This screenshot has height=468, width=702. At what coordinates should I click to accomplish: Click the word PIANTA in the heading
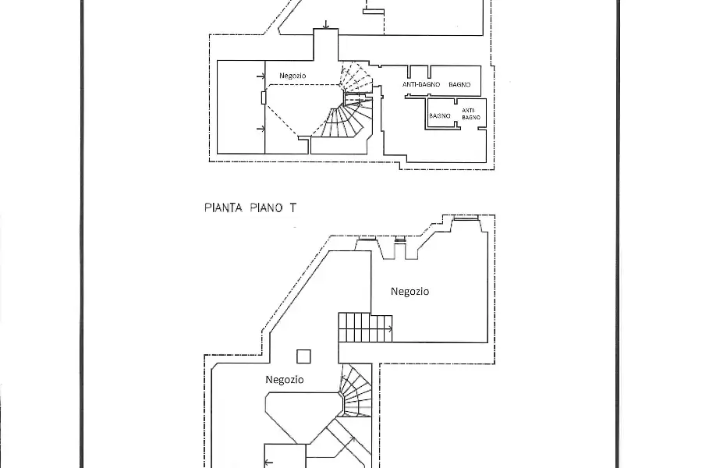tap(223, 207)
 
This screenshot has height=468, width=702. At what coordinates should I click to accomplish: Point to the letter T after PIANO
tap(292, 207)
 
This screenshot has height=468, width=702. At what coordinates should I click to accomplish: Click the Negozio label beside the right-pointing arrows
tap(292, 76)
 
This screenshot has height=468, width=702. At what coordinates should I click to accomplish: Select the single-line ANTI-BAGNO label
tap(421, 84)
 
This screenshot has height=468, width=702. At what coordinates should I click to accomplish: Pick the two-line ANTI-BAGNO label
tap(471, 114)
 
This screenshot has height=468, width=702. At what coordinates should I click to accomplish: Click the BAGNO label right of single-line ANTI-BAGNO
tap(459, 84)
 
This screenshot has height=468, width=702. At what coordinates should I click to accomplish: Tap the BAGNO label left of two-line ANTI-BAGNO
tap(440, 115)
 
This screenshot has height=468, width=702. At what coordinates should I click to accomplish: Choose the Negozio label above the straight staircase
tap(409, 292)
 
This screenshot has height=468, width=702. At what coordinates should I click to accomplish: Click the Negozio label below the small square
tap(284, 380)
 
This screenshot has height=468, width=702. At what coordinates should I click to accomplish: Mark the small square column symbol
tap(303, 356)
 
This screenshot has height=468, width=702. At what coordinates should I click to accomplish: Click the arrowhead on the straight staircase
tap(391, 329)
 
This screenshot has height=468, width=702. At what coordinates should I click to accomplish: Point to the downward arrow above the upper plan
tap(326, 25)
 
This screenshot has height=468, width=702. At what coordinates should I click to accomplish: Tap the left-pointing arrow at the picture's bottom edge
tap(269, 463)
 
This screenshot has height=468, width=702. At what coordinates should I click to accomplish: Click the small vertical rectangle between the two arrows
tap(264, 97)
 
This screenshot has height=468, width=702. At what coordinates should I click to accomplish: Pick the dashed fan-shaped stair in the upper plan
tap(356, 77)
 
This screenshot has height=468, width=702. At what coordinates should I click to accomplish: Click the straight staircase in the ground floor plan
tap(365, 328)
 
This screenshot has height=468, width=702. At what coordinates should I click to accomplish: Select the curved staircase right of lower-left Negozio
tap(356, 391)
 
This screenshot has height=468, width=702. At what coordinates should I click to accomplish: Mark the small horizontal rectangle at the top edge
tap(374, 12)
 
